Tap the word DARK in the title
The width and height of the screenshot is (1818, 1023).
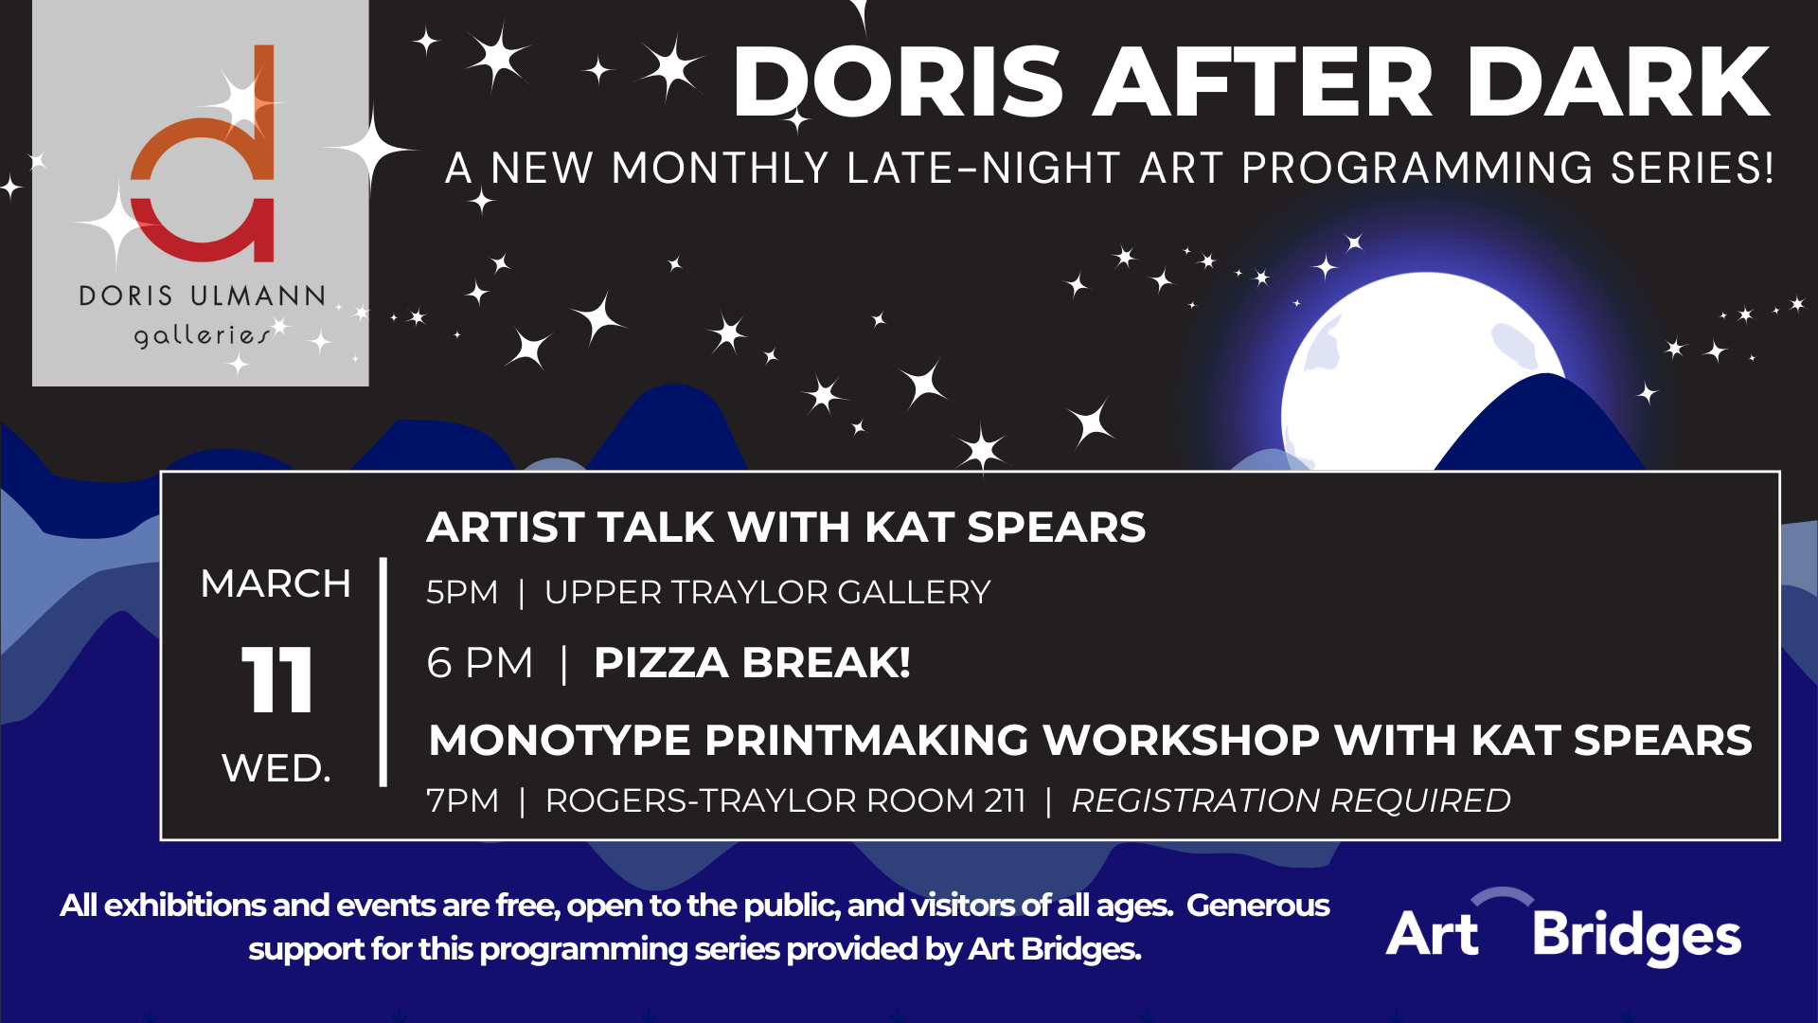click(x=1618, y=82)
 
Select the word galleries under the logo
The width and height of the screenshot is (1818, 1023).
click(x=201, y=335)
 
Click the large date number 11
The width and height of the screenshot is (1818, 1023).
click(x=276, y=679)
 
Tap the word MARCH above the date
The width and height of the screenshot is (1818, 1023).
click(x=276, y=583)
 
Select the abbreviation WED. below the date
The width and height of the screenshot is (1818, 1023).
click(x=276, y=768)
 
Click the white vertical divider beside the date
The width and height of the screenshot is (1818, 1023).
click(x=383, y=672)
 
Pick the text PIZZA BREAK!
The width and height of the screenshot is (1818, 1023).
click(x=752, y=662)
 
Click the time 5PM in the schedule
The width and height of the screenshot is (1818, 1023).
click(x=462, y=592)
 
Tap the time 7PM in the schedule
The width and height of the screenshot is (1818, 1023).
click(x=462, y=800)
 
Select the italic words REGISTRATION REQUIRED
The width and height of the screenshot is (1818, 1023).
click(x=1291, y=800)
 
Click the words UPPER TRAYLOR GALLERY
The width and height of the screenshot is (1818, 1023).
click(x=767, y=592)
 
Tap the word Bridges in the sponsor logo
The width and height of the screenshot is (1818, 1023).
click(x=1637, y=935)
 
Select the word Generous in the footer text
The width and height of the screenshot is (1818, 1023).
click(x=1258, y=906)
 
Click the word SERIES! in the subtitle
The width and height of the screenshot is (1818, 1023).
click(x=1692, y=168)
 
